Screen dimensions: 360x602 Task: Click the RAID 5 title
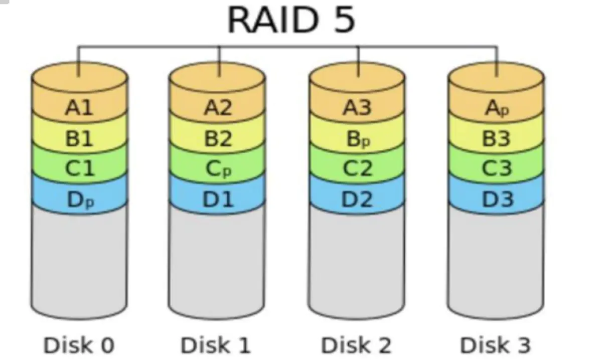291,20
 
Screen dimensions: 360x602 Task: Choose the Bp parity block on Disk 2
357,139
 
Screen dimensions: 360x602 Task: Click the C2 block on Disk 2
357,169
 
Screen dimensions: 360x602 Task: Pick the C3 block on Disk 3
496,169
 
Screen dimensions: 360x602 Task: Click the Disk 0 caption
79,345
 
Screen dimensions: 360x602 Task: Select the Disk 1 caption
216,345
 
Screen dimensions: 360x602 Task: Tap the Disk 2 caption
356,345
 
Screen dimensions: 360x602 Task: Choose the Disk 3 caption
495,345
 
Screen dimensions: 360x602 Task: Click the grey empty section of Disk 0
79,261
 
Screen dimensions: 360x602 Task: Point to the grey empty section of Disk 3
496,261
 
